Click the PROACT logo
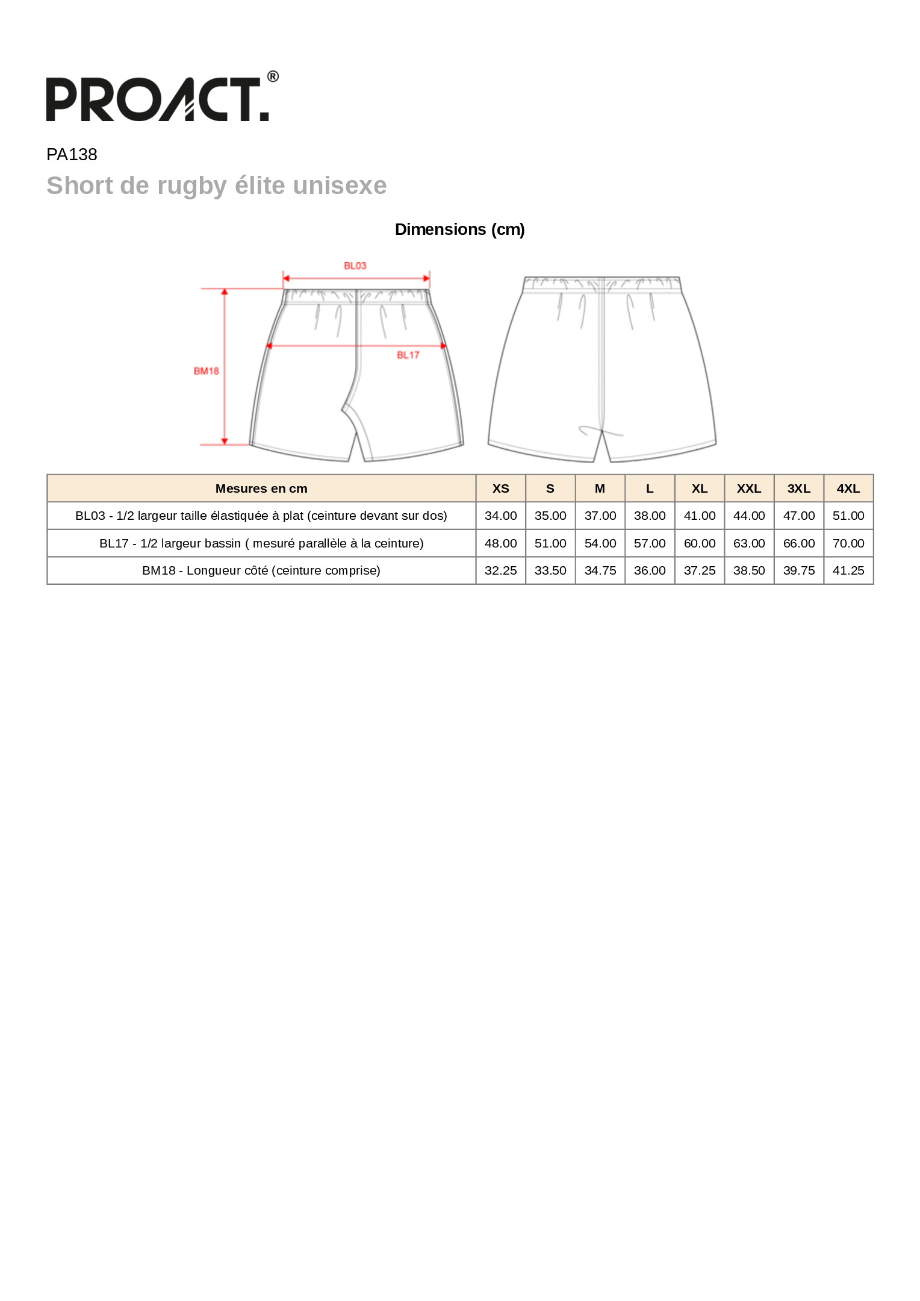[157, 99]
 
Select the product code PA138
[72, 155]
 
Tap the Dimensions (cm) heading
[459, 229]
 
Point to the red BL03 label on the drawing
[355, 266]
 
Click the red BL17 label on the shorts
[408, 355]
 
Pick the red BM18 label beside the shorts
[206, 371]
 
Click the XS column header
[500, 488]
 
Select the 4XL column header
[848, 488]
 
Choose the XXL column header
[748, 488]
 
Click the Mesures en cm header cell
[261, 488]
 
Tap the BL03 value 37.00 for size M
[600, 516]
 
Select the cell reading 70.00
[848, 543]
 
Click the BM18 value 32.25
[500, 570]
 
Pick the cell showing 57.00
[649, 543]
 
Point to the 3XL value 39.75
[798, 570]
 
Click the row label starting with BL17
[261, 543]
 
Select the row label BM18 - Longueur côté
[261, 570]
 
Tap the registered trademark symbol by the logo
[273, 76]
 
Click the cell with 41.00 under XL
[699, 516]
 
